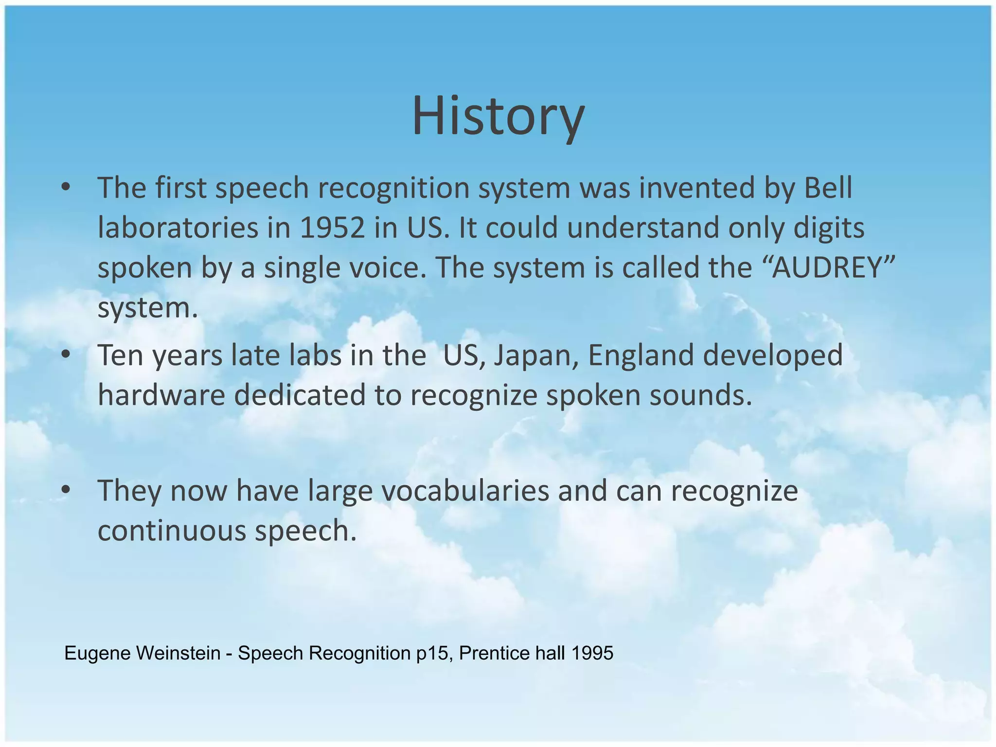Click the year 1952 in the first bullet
332,228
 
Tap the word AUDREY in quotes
827,268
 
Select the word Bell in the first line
828,188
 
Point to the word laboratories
178,228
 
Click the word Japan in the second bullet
535,356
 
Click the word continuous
172,531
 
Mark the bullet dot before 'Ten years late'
66,356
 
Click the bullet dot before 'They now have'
66,491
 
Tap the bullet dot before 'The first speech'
66,188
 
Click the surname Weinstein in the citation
178,653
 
